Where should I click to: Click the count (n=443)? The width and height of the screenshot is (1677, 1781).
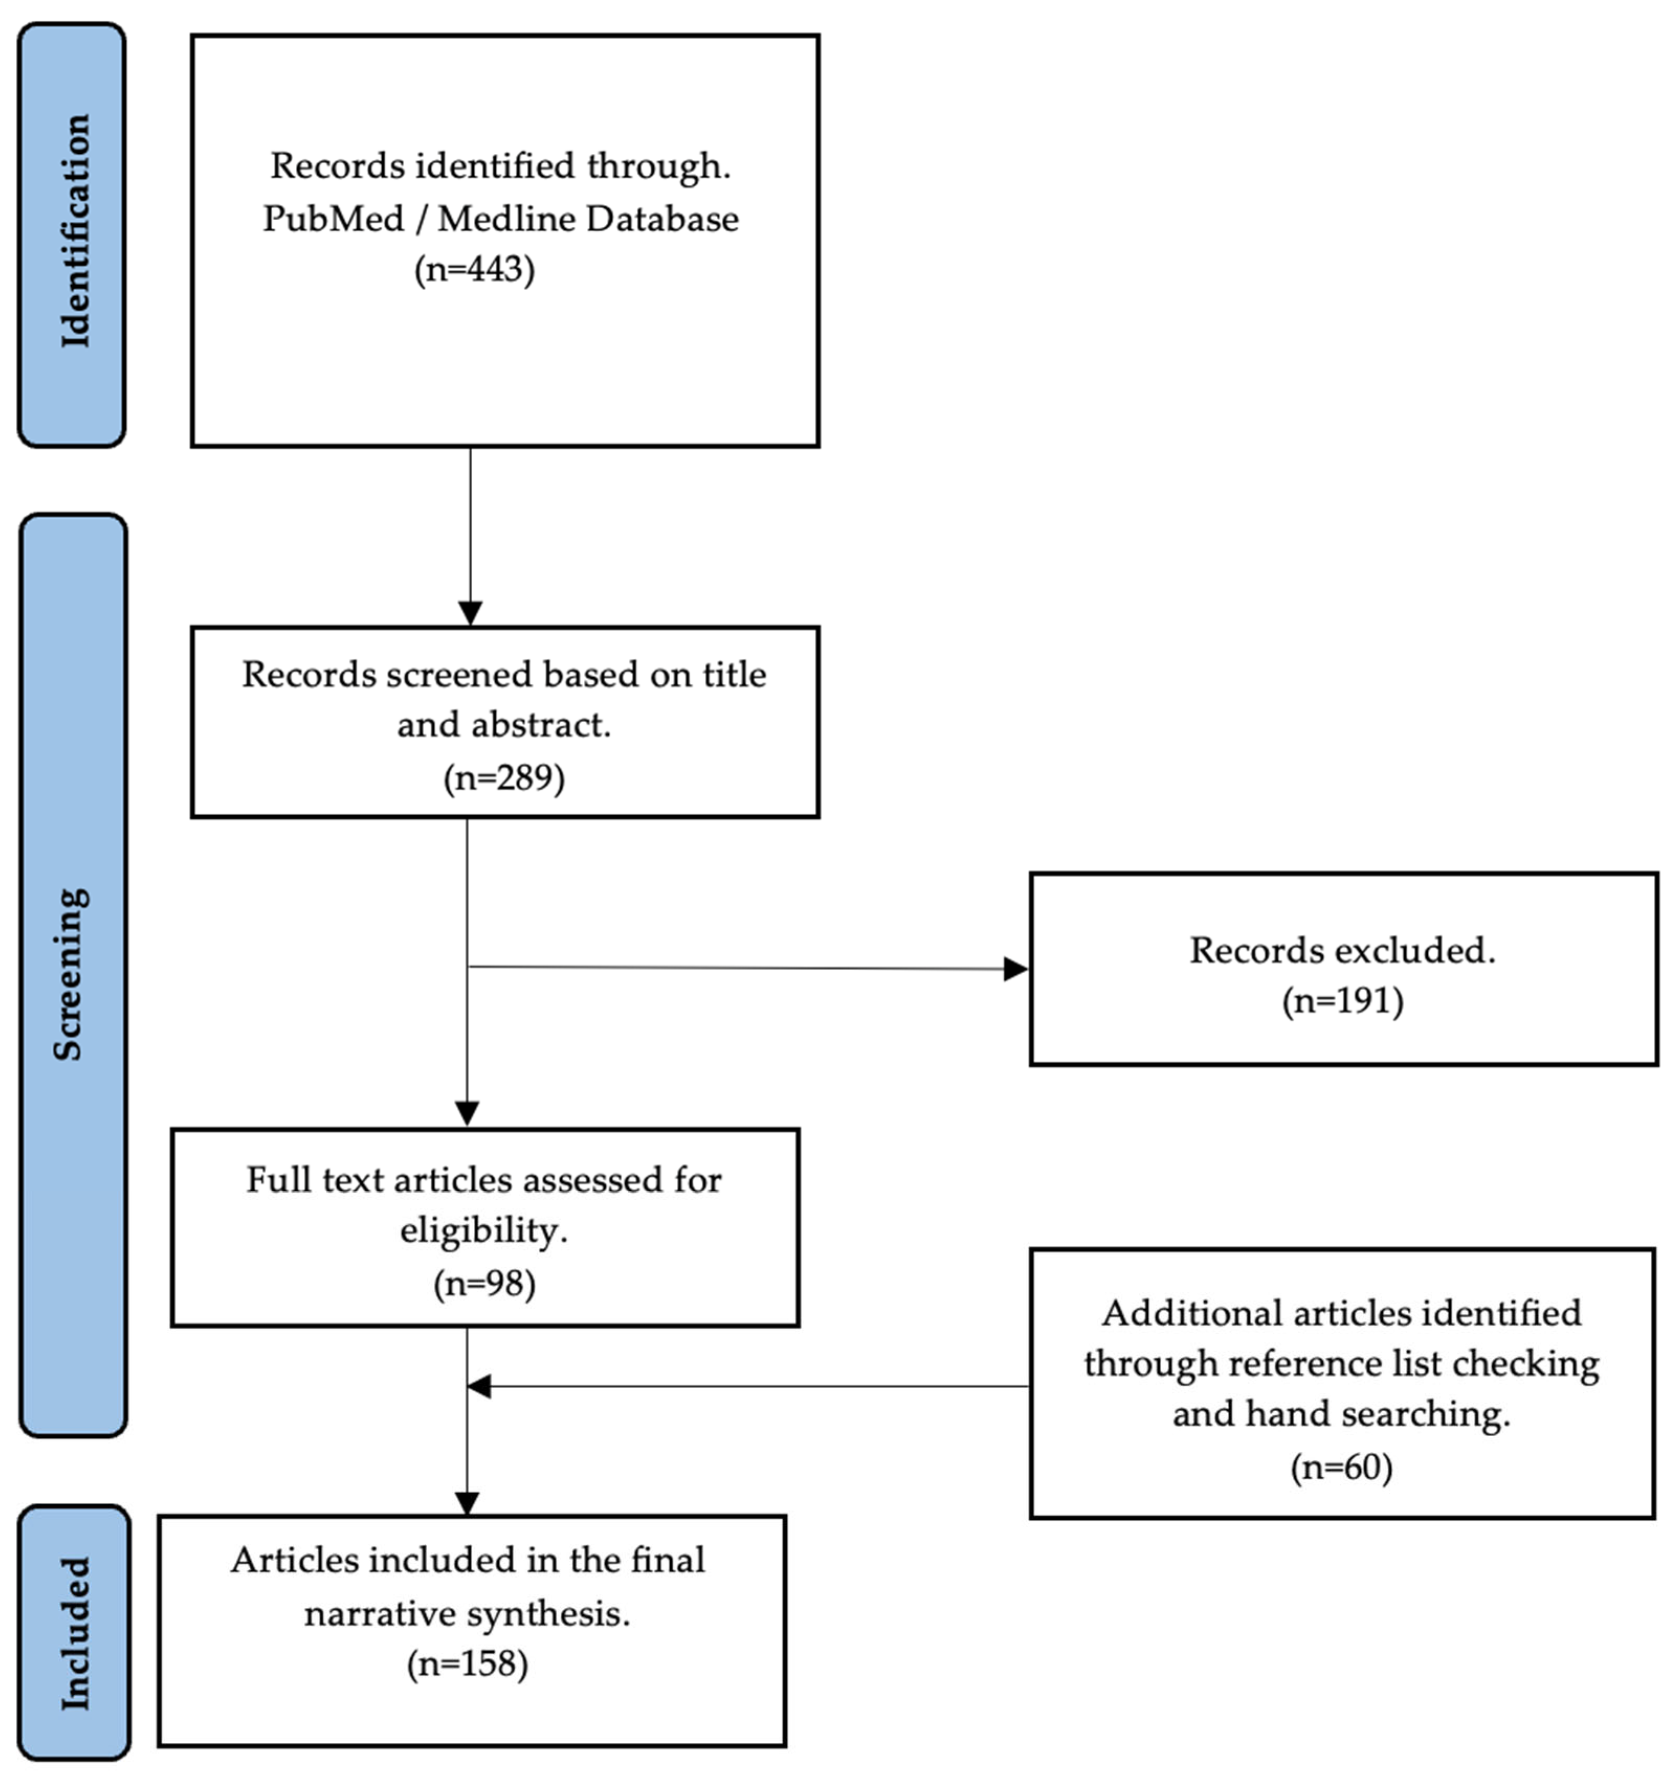(474, 269)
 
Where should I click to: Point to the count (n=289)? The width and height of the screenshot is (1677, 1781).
(504, 777)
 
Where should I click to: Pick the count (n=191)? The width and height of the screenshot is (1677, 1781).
(1342, 1001)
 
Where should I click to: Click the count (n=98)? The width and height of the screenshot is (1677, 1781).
(484, 1283)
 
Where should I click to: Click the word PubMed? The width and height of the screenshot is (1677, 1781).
(332, 219)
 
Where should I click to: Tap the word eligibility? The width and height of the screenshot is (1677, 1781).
(483, 1232)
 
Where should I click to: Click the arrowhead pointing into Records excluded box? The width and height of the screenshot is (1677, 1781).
(1016, 968)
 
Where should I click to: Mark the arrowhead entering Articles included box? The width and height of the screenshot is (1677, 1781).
(467, 1502)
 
